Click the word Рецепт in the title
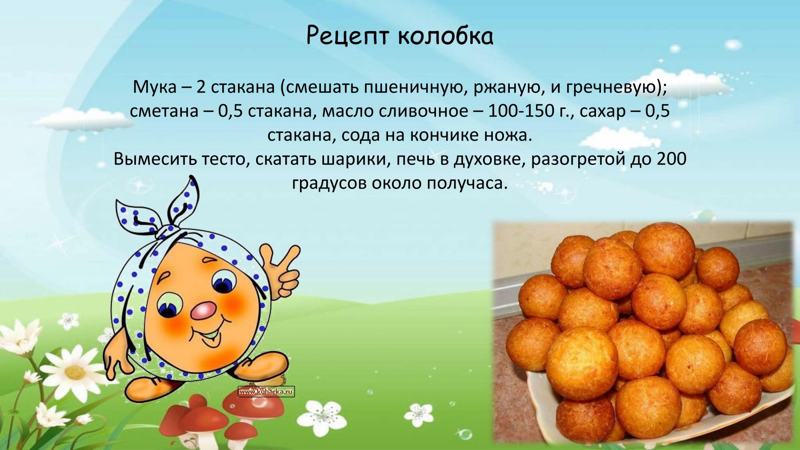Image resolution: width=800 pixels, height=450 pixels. (x=348, y=37)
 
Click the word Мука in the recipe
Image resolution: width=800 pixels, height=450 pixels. (x=154, y=87)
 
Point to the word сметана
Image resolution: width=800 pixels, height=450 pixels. (x=164, y=111)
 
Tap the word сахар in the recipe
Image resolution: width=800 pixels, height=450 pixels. (x=602, y=111)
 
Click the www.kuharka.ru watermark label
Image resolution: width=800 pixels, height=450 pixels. (x=266, y=392)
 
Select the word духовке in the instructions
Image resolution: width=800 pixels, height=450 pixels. (x=487, y=159)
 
